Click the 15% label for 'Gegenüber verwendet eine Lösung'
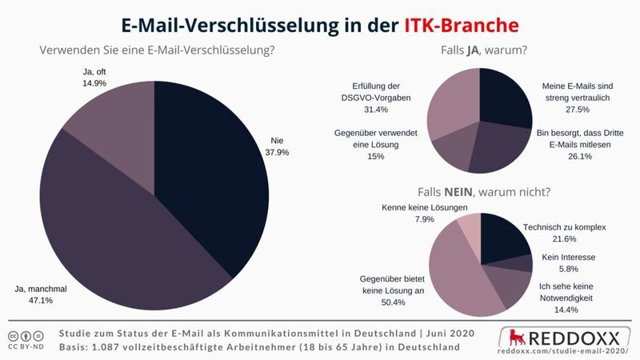point(375,156)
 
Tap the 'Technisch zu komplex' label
point(563,227)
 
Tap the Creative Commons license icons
point(27,334)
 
